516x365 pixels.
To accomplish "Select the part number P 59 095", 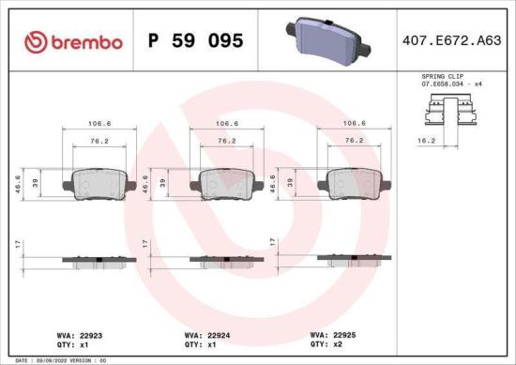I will click(196, 42).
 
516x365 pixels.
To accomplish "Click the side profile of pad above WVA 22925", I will click(354, 257).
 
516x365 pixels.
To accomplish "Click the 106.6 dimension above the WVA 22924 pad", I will click(225, 122).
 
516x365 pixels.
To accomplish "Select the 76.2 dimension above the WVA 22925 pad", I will click(354, 140).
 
